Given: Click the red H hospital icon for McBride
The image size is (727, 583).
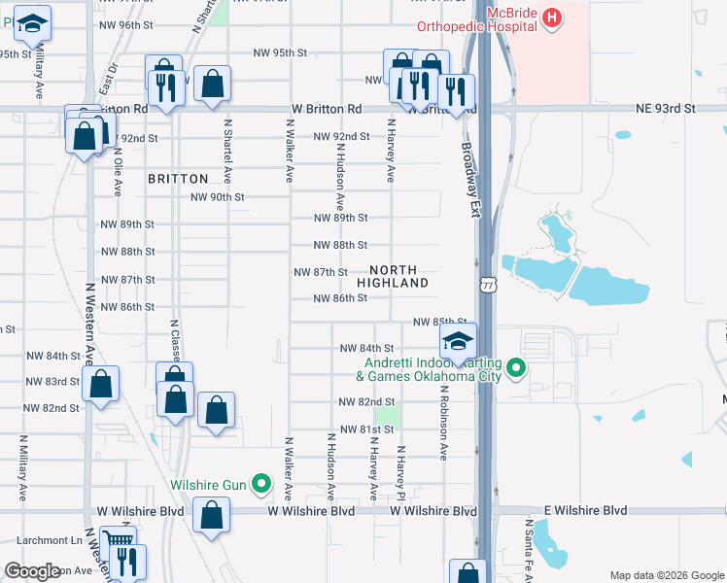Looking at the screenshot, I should click(x=552, y=17).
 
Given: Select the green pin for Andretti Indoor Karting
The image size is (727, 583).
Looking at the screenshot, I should click(x=517, y=368).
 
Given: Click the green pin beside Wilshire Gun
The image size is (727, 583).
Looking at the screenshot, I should click(x=260, y=483).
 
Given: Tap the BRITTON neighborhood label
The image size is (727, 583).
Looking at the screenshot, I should click(x=178, y=179).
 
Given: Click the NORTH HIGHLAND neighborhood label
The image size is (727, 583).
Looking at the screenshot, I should click(x=393, y=276).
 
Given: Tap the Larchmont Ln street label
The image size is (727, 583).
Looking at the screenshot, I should click(x=41, y=540).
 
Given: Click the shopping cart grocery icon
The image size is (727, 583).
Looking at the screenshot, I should click(x=118, y=540).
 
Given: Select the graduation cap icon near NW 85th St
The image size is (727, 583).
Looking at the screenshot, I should click(x=458, y=341).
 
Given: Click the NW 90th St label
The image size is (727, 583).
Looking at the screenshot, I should click(x=217, y=196).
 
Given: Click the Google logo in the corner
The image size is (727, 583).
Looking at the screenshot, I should click(x=32, y=571).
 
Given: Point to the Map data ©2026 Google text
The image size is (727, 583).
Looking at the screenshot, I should click(x=666, y=575).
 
